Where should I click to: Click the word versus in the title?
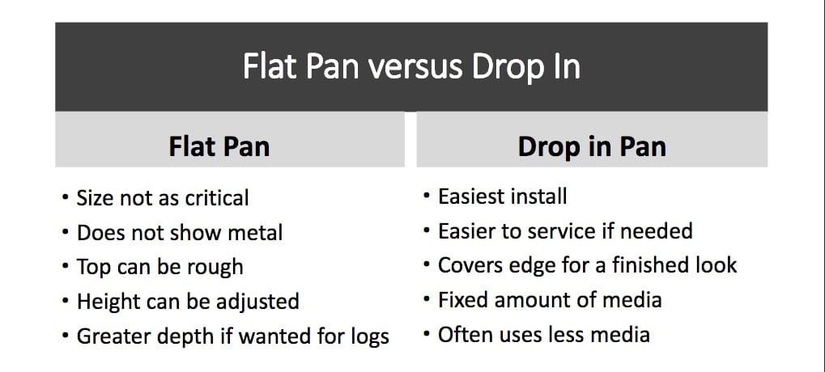pos(415,67)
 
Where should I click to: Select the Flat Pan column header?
pos(219,146)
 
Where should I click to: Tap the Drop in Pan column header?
pos(592,146)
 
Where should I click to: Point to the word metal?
pos(255,233)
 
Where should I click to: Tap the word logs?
pos(369,336)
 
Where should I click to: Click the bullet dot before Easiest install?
pos(427,197)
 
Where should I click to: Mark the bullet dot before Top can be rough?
pos(66,267)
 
